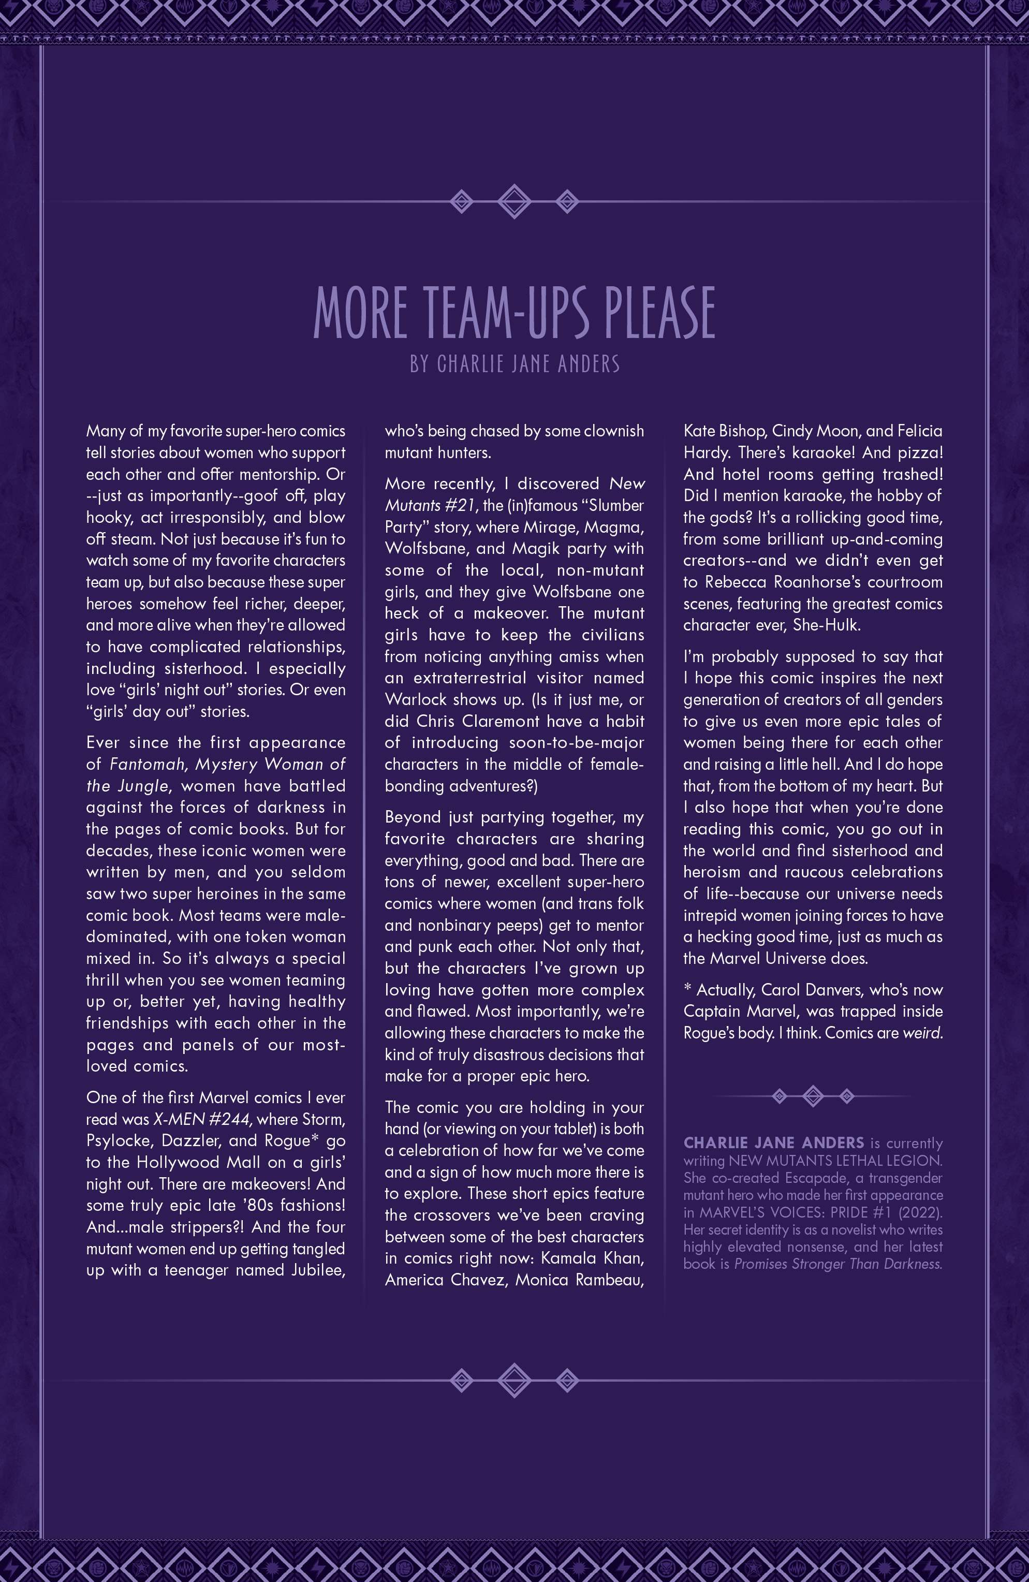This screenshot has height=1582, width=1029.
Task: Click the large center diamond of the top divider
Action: point(514,201)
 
